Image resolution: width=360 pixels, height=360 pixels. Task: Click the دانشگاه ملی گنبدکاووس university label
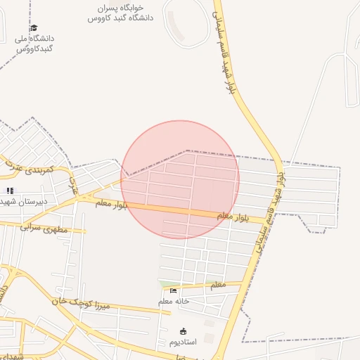[x=34, y=44]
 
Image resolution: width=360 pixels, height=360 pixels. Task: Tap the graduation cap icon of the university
[x=34, y=28]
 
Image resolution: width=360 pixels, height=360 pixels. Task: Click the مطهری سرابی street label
[x=44, y=228]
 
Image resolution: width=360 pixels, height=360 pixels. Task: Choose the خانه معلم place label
[x=174, y=302]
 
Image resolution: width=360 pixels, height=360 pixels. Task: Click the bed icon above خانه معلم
[x=174, y=290]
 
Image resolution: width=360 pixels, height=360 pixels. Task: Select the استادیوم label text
[x=184, y=342]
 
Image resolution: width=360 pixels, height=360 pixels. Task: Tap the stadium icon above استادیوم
[x=184, y=331]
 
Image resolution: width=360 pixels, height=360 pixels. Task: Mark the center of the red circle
[x=180, y=179]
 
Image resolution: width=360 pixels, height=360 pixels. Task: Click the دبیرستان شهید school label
[x=24, y=201]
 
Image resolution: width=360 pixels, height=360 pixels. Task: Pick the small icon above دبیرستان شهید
[x=10, y=190]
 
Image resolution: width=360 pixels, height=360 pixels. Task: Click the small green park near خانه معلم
[x=166, y=284]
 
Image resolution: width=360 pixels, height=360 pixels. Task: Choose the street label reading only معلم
[x=218, y=285]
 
